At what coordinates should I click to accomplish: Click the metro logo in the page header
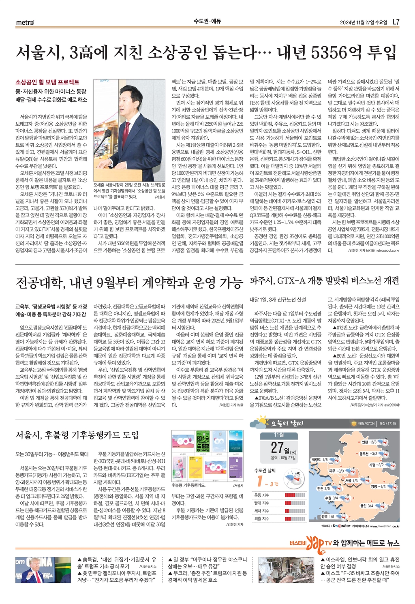pyautogui.click(x=25, y=22)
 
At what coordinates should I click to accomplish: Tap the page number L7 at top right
pyautogui.click(x=396, y=22)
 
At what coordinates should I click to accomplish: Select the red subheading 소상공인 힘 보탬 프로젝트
pyautogui.click(x=47, y=82)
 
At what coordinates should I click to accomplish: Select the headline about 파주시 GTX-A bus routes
pyautogui.click(x=324, y=281)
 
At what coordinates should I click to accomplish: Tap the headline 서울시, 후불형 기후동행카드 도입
pyautogui.click(x=77, y=435)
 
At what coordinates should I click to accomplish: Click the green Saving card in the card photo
pyautogui.click(x=204, y=442)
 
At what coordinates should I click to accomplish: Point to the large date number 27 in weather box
pyautogui.click(x=277, y=448)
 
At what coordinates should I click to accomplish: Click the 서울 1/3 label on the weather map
pyautogui.click(x=351, y=480)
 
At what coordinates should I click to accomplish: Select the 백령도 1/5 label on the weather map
pyautogui.click(x=319, y=460)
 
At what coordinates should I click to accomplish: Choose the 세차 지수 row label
pyautogui.click(x=261, y=511)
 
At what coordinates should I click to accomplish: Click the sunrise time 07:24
pyautogui.click(x=367, y=424)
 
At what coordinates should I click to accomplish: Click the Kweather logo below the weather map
pyautogui.click(x=341, y=526)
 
